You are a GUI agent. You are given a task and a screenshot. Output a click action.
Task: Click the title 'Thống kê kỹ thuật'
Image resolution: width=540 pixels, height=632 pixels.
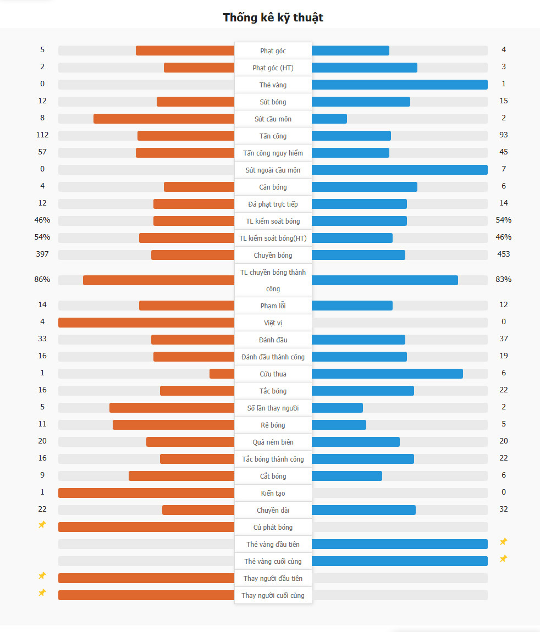(x=273, y=18)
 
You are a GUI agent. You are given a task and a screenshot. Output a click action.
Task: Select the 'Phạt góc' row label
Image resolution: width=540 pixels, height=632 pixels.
(x=273, y=51)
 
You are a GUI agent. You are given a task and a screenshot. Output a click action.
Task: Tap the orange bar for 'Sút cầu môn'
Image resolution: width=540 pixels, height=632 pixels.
(x=164, y=119)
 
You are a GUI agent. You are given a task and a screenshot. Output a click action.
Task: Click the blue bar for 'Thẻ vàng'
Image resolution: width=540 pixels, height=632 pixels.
(x=399, y=85)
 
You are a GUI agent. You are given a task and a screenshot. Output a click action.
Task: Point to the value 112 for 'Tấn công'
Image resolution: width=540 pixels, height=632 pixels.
(x=42, y=135)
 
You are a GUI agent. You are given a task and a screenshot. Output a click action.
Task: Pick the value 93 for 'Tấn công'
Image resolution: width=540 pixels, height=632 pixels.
(x=504, y=135)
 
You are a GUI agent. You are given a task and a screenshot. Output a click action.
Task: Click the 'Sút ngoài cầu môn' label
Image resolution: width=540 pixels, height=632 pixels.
(x=273, y=170)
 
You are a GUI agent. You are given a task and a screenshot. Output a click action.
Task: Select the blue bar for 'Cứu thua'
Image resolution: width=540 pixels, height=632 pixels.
(x=387, y=374)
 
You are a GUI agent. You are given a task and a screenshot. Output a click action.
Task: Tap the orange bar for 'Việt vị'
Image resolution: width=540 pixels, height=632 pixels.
(x=146, y=323)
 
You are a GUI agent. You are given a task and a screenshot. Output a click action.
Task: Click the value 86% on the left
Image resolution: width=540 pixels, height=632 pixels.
(x=42, y=279)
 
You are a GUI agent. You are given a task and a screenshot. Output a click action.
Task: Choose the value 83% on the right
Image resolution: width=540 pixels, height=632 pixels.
(x=504, y=279)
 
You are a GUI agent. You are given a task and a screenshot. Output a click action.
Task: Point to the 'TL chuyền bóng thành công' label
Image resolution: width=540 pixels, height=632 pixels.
(x=273, y=280)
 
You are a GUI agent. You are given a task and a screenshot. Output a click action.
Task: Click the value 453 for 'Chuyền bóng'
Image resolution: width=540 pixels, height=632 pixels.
(x=504, y=254)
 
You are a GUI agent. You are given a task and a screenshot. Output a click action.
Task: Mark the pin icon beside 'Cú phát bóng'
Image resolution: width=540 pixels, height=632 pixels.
(x=42, y=525)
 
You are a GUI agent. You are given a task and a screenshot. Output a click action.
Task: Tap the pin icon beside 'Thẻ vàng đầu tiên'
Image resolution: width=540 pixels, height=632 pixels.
(x=503, y=542)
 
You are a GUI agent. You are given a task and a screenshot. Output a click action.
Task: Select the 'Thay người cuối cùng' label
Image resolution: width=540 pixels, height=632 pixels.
(x=273, y=595)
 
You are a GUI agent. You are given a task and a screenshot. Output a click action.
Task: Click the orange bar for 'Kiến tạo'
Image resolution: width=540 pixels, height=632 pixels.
(x=146, y=493)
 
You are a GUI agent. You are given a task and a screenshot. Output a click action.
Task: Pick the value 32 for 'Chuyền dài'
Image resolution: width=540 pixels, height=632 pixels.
(x=504, y=509)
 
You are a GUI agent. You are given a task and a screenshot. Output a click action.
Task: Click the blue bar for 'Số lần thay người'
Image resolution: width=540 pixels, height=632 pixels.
(x=337, y=408)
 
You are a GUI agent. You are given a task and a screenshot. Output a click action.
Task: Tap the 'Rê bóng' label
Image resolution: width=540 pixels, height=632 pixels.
(x=273, y=425)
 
